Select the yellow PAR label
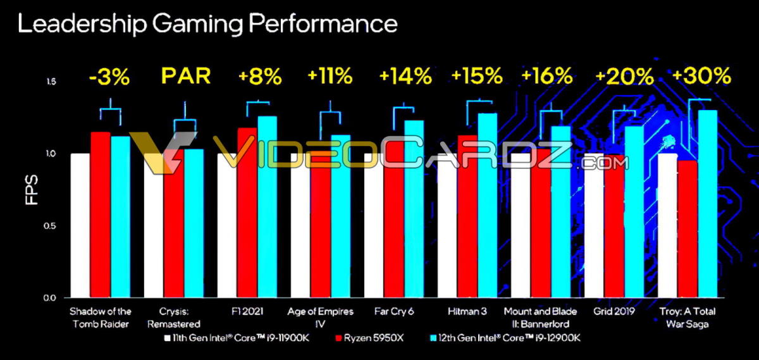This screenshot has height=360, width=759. [185, 77]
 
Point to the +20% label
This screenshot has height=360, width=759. [624, 77]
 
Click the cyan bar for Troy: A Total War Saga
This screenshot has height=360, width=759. [707, 202]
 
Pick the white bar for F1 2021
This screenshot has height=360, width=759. [227, 225]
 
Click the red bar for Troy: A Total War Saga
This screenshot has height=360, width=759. [687, 228]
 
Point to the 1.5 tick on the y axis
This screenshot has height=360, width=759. [51, 82]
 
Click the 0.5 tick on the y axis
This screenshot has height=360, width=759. [51, 226]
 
